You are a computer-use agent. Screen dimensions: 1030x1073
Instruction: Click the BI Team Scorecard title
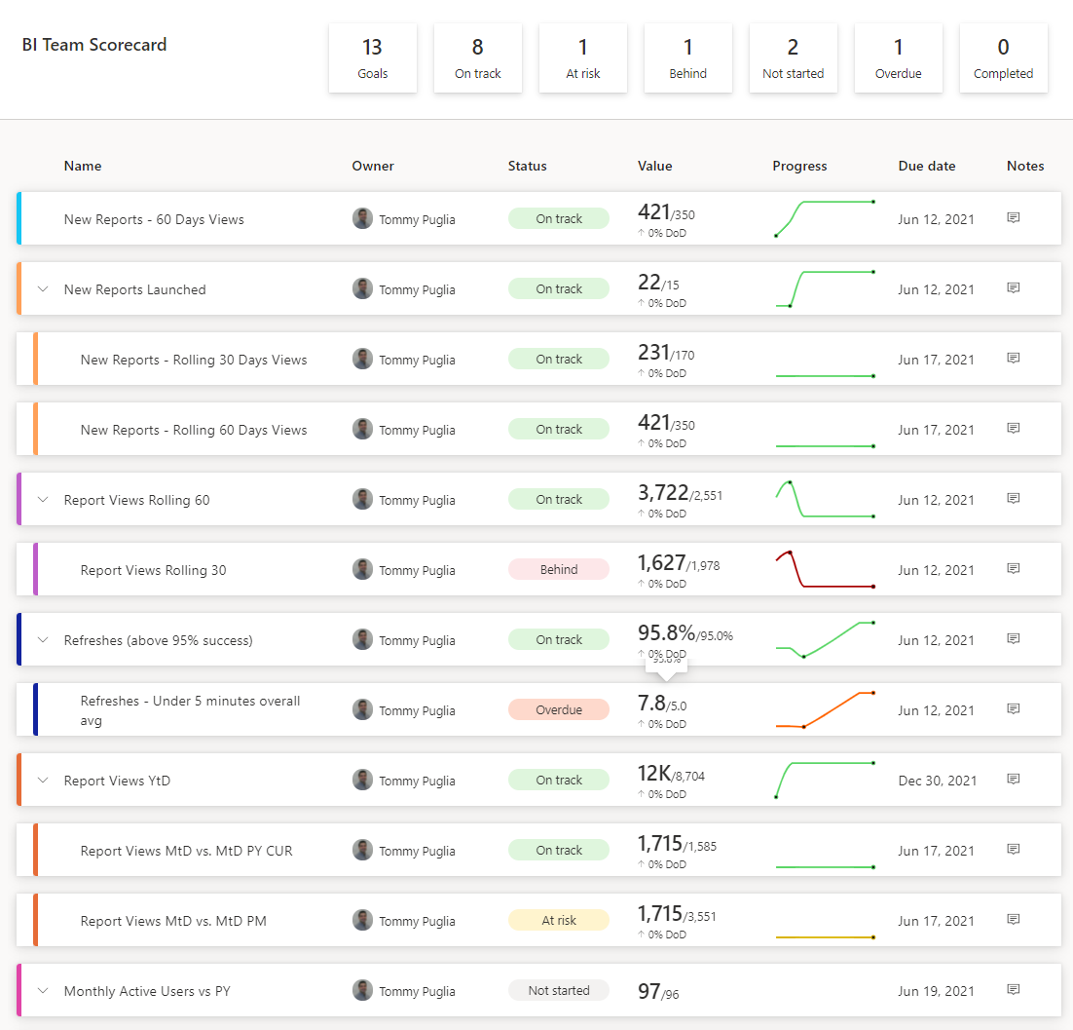94,45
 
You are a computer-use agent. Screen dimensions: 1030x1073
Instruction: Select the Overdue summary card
898,58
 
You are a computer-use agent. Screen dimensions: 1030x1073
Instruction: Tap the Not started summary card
793,58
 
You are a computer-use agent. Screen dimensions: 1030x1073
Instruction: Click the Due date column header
926,167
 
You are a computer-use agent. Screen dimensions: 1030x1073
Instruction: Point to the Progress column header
799,167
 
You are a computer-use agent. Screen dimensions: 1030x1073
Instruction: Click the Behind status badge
558,570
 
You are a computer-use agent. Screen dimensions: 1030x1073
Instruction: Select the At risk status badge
558,921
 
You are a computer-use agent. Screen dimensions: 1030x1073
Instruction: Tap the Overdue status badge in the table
558,710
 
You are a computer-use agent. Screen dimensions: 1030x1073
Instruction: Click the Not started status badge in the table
558,991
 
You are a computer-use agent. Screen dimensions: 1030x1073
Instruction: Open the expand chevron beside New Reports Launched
42,289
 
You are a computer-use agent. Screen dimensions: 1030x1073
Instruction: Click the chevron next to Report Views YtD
42,781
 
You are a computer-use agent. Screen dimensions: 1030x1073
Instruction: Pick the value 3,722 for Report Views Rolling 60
663,494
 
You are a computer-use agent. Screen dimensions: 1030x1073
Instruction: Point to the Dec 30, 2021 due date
936,781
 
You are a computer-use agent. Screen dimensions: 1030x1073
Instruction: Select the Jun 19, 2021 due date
936,991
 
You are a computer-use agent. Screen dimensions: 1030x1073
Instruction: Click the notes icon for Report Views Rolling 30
1013,569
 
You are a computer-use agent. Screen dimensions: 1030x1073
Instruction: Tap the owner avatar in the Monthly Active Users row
362,991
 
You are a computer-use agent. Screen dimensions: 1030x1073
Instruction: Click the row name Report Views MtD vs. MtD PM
173,921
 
